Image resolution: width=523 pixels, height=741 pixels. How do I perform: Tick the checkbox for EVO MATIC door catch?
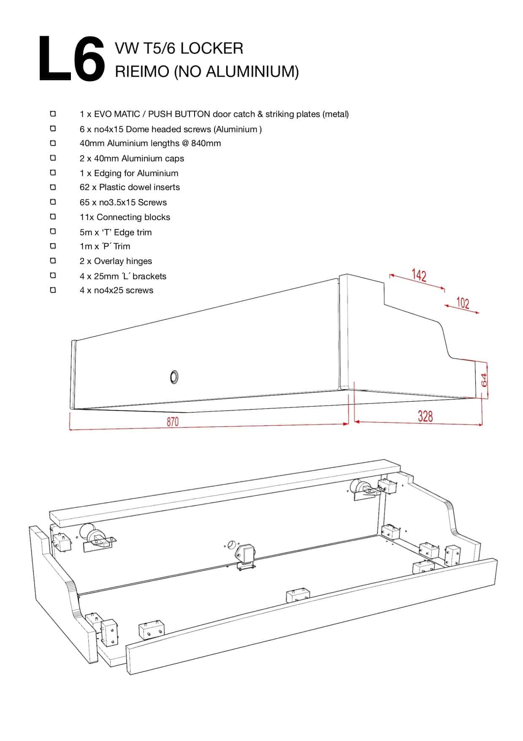53,114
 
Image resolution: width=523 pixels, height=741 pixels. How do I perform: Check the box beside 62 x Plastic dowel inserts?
53,187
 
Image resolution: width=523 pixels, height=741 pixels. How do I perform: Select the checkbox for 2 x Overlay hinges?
53,261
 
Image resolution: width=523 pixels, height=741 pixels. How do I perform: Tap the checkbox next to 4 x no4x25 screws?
53,290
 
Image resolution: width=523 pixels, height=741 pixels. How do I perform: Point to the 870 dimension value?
173,422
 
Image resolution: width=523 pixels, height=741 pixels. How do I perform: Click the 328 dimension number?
425,417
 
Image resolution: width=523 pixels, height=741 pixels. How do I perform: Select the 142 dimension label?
419,276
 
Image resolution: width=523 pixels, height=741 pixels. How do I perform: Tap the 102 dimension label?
463,303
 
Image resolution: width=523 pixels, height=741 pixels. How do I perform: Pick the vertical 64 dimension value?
484,380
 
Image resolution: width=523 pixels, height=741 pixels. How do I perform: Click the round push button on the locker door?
174,376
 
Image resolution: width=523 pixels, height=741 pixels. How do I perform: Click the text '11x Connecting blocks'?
125,217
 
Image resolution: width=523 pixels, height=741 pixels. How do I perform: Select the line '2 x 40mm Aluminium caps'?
132,158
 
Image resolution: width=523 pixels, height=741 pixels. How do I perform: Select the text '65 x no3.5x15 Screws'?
123,202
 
